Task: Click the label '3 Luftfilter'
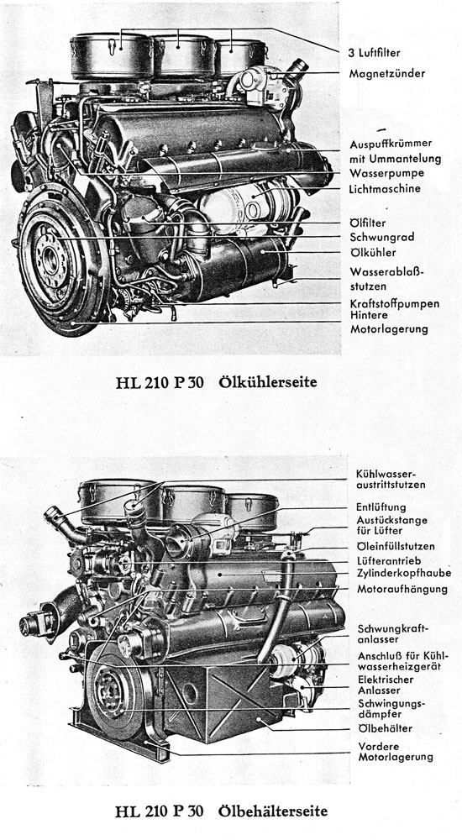coord(381,50)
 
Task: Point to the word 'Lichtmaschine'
coord(386,189)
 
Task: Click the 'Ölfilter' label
coord(367,223)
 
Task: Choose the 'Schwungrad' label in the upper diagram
coord(379,237)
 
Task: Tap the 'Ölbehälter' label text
coord(385,727)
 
